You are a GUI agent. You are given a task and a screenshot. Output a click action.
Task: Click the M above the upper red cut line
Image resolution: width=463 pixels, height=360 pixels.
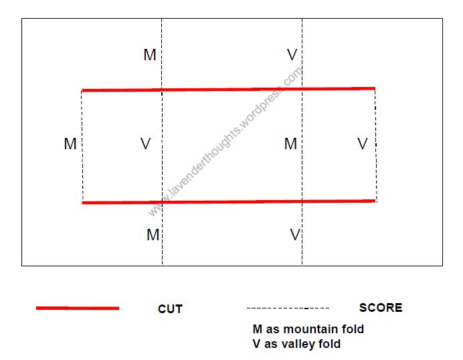point(150,55)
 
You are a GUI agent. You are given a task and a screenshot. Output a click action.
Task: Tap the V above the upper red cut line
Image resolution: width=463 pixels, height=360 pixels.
point(292,55)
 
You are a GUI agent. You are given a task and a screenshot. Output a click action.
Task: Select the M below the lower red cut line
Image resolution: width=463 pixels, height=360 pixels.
point(153,235)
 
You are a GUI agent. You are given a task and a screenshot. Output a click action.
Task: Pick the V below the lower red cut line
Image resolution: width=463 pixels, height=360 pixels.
point(295,235)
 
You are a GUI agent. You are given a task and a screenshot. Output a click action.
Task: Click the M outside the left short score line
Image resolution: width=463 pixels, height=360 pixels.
point(70,144)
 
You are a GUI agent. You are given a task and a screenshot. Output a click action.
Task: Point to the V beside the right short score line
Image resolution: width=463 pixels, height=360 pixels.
point(363,144)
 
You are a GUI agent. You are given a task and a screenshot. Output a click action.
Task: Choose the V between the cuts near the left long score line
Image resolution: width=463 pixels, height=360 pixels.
point(145,144)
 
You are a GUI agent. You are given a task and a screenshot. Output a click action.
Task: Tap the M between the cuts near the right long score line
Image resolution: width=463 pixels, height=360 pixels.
point(290,144)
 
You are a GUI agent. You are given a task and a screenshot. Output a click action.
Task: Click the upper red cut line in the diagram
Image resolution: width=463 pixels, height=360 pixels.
point(229,89)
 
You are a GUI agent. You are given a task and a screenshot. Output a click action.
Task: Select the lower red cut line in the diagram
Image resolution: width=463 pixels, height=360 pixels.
point(229,202)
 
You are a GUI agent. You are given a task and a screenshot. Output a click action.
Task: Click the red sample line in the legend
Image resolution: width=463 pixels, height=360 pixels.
point(78,308)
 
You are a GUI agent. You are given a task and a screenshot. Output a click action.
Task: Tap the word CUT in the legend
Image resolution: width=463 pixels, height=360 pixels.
point(170,309)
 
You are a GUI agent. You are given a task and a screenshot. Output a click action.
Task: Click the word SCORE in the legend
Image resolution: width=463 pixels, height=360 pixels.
point(381,308)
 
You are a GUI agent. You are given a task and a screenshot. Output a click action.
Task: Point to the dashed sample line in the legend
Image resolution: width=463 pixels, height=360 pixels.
point(288,308)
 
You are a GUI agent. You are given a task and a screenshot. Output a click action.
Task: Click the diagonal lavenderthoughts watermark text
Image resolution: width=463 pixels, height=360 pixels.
point(225,142)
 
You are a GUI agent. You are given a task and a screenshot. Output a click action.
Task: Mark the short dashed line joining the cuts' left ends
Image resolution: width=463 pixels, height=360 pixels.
point(82,147)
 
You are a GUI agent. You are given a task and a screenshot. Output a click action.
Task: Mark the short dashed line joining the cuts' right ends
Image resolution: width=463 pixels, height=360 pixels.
point(375,145)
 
